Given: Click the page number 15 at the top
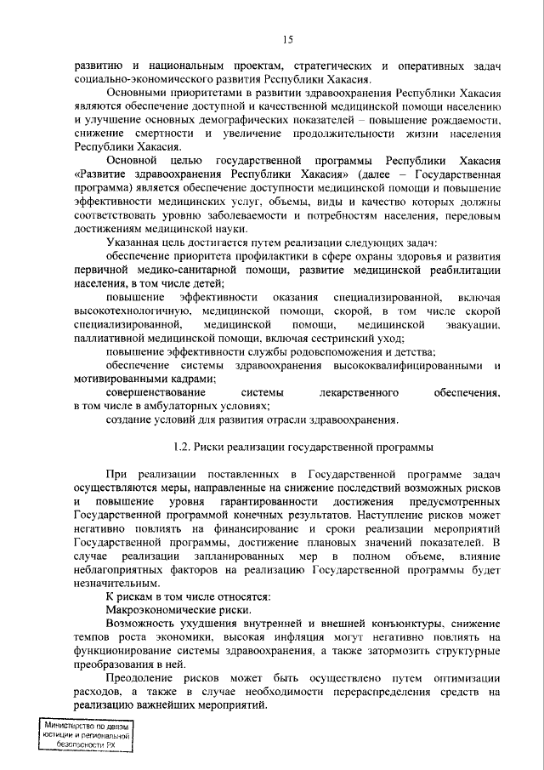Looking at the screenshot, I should click(288, 39).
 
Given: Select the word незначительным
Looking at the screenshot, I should click(115, 585).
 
